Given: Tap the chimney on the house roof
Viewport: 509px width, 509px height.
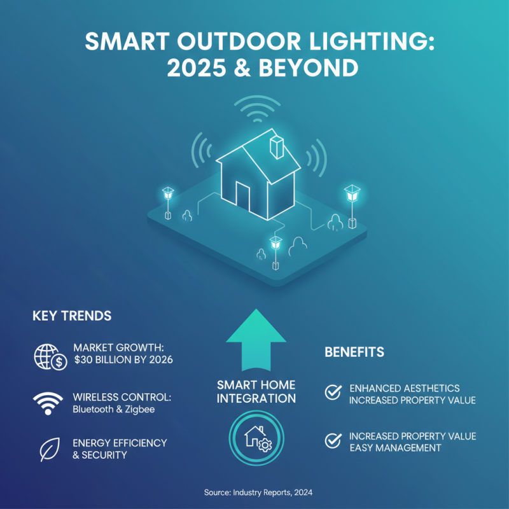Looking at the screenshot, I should (x=277, y=146).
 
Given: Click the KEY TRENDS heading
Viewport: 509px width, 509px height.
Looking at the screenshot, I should (x=72, y=316).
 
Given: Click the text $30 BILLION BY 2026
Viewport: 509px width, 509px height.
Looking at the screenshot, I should (x=123, y=361).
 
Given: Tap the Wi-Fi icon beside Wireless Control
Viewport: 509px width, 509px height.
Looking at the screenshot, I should (x=48, y=403).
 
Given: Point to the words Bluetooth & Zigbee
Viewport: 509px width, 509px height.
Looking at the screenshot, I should (x=114, y=409).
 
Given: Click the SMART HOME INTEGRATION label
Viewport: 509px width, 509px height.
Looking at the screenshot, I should (x=256, y=392).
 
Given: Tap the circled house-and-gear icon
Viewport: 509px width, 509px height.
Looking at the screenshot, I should (x=256, y=437).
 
